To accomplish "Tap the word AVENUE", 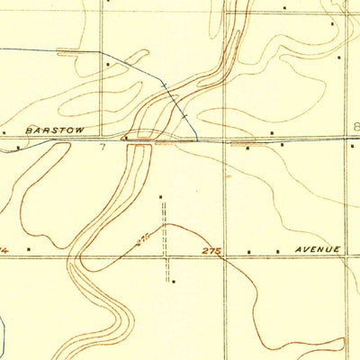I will pyautogui.click(x=310, y=248).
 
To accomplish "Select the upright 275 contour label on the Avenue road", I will pyautogui.click(x=211, y=249).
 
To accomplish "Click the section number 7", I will pyautogui.click(x=103, y=146).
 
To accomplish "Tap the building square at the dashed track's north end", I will pyautogui.click(x=161, y=196).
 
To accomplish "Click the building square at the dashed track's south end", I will pyautogui.click(x=174, y=281).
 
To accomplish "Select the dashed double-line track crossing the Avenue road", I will pyautogui.click(x=166, y=256).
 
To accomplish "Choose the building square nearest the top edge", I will pyautogui.click(x=284, y=8).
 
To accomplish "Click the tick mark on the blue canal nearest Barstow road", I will pyautogui.click(x=183, y=117).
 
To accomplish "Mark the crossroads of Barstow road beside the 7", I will pyautogui.click(x=100, y=139).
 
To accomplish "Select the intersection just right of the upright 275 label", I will pyautogui.click(x=225, y=257).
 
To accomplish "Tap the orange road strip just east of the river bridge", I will pyautogui.click(x=167, y=141).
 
